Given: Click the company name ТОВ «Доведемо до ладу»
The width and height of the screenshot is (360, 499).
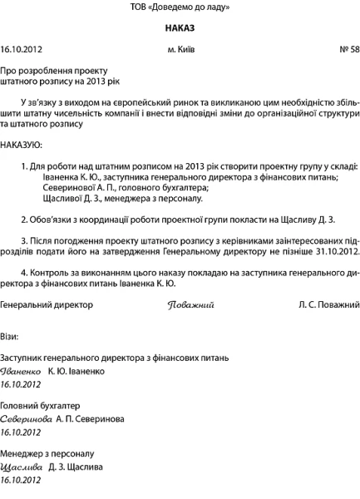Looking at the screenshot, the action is (x=180, y=7).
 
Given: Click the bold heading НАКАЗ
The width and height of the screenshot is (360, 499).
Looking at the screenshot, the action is (x=180, y=28).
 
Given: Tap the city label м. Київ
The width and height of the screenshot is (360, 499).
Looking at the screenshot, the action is (x=180, y=50).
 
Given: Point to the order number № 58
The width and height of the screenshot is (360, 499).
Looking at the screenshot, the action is (x=349, y=50).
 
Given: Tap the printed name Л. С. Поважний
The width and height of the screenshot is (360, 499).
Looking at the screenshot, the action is (x=328, y=305).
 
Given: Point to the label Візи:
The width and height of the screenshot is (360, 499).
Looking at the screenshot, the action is (x=10, y=335).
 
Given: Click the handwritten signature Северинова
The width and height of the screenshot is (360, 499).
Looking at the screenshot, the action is (x=27, y=418).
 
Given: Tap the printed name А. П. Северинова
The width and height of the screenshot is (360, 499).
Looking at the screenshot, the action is (x=91, y=418).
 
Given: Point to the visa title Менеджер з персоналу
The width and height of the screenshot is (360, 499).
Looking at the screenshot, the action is (x=47, y=453).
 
